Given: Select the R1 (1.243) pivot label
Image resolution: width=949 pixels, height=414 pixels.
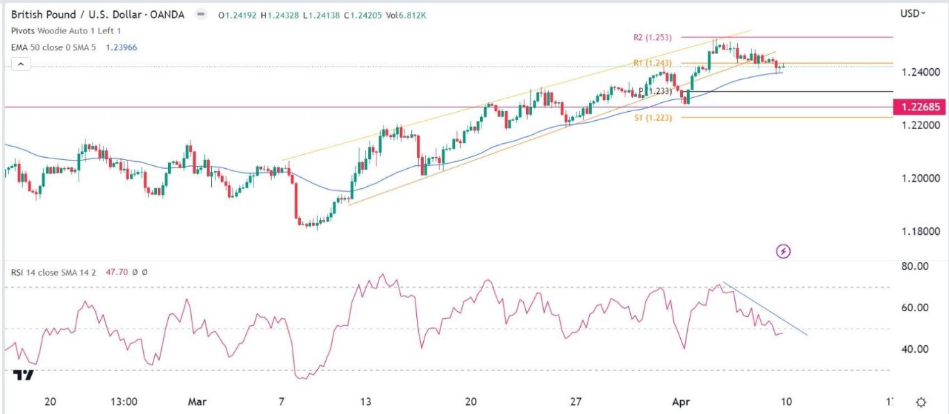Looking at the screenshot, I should pos(651,63).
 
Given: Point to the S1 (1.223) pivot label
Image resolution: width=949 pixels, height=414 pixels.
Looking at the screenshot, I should pos(651,118).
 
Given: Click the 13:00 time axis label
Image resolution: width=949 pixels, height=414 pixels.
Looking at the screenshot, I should pos(122,401).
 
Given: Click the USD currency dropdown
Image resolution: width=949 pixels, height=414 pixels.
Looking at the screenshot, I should pos(913,13).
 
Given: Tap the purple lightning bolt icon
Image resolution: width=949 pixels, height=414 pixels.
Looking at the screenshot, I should pos(783,251).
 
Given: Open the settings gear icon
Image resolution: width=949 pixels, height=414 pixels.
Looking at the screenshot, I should pos(921,402).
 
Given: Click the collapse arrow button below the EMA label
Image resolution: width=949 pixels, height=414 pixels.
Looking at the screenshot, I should pos(21,64).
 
